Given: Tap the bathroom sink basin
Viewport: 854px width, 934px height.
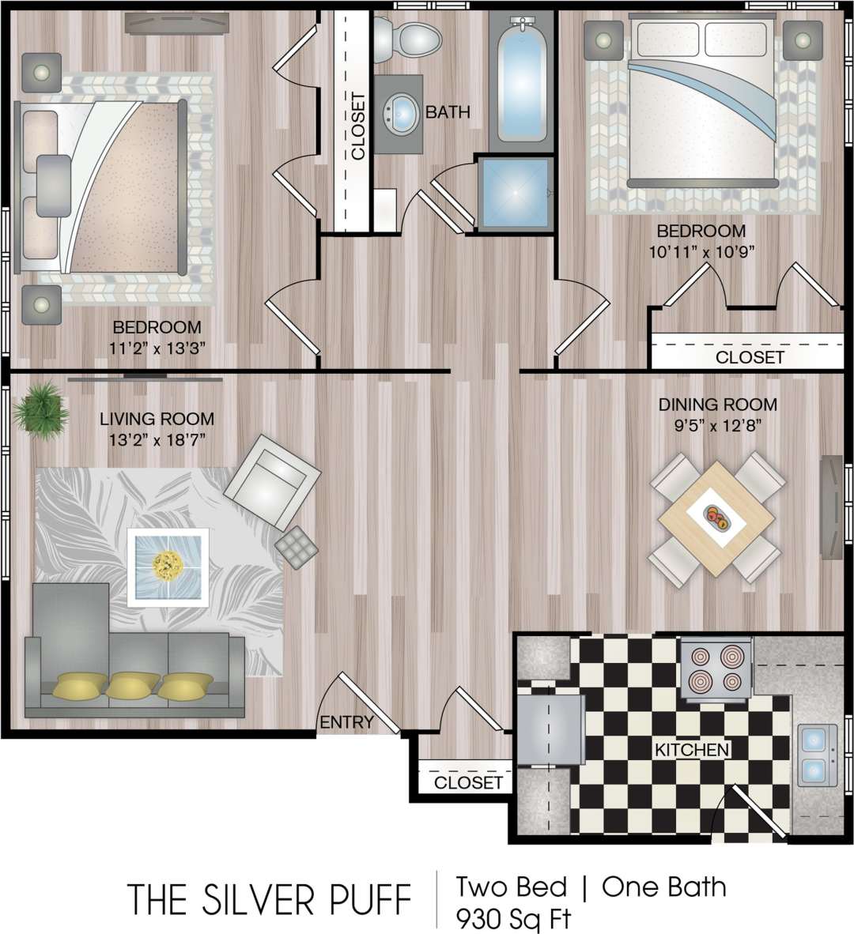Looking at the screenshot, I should pyautogui.click(x=402, y=113).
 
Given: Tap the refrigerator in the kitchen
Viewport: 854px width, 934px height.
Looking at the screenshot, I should pyautogui.click(x=550, y=725).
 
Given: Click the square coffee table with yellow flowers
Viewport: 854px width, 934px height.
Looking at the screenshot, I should pyautogui.click(x=168, y=567).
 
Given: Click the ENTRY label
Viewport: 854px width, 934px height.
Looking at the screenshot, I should pyautogui.click(x=346, y=721).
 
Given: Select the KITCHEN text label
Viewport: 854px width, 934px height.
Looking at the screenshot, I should pyautogui.click(x=691, y=749).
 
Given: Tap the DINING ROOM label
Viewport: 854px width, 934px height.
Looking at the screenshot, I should pyautogui.click(x=717, y=405).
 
